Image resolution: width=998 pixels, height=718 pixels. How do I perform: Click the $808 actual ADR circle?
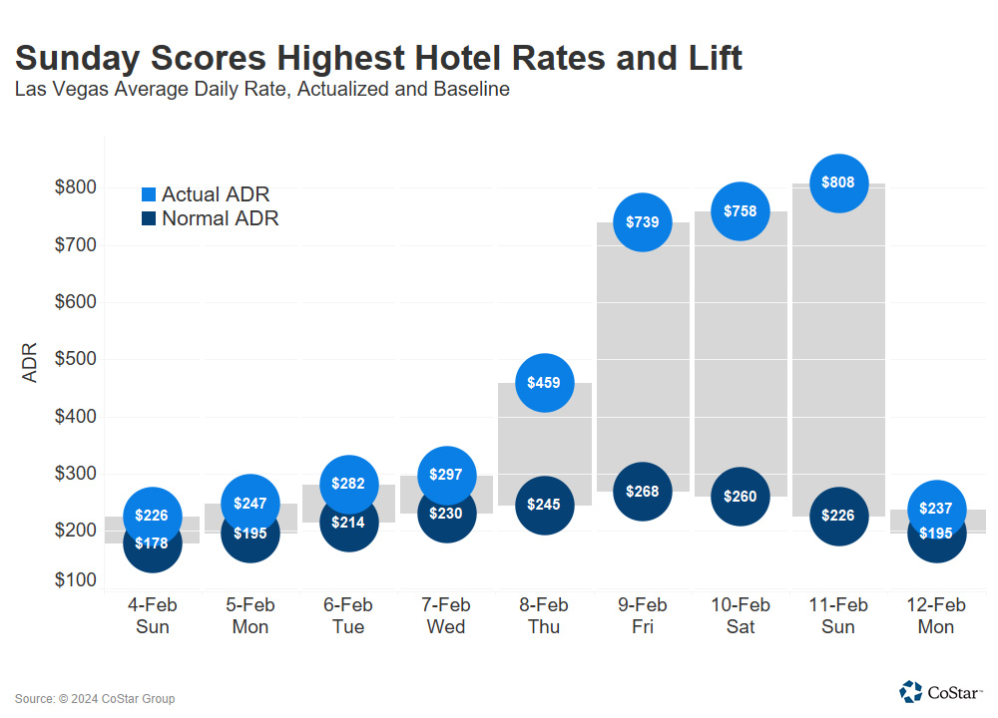click(838, 183)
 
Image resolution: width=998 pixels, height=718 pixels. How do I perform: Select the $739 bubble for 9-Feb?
click(642, 222)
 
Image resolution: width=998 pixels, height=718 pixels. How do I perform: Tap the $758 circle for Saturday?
click(740, 211)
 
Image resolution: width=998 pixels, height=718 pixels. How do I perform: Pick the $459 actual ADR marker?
click(544, 382)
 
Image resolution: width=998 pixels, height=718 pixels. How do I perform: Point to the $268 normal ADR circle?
click(642, 491)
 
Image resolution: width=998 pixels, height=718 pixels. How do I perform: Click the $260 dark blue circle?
click(740, 496)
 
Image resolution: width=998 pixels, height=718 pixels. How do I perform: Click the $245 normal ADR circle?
click(544, 505)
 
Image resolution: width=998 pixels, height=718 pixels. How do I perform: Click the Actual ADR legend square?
click(149, 194)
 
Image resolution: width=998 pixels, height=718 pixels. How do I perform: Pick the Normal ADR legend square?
click(149, 218)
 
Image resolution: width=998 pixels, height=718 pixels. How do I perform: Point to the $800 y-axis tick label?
click(75, 187)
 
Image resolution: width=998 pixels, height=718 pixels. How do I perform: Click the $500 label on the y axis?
click(75, 359)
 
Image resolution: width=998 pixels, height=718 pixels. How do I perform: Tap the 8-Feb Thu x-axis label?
click(544, 616)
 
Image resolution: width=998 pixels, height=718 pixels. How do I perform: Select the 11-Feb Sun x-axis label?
click(838, 616)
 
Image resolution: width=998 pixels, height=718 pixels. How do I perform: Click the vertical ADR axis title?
click(30, 363)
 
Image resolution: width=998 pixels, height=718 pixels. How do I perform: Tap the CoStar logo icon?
click(910, 691)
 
